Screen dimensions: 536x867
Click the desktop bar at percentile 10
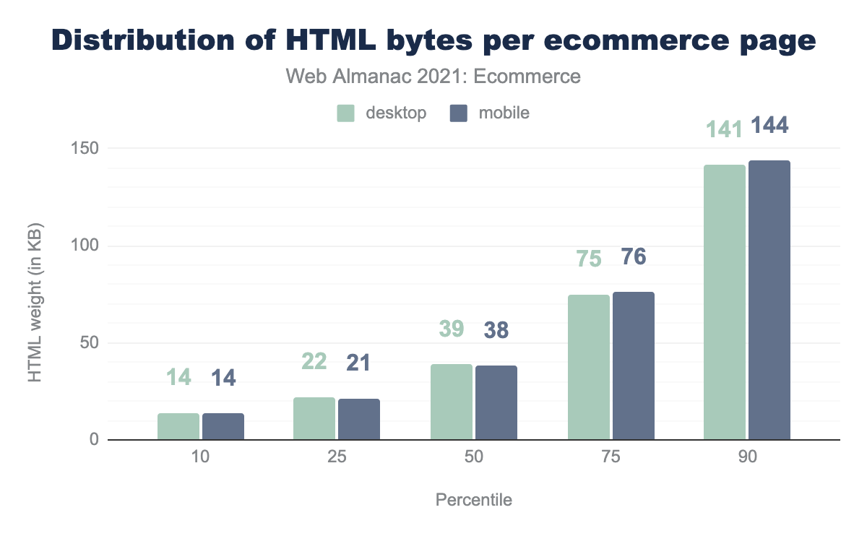pyautogui.click(x=178, y=426)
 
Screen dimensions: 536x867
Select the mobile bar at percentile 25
pyautogui.click(x=359, y=419)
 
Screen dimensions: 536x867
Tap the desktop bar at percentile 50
pyautogui.click(x=452, y=402)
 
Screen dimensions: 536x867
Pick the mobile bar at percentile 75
pyautogui.click(x=634, y=366)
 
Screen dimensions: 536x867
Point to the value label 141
pyautogui.click(x=723, y=130)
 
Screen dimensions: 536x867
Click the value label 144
pyautogui.click(x=769, y=126)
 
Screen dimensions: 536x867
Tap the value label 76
pyautogui.click(x=634, y=256)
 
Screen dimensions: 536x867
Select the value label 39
pyautogui.click(x=451, y=329)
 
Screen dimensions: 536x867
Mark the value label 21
pyautogui.click(x=358, y=363)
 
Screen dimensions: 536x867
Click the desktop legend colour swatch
pyautogui.click(x=345, y=113)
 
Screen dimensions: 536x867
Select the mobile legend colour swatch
pyautogui.click(x=459, y=113)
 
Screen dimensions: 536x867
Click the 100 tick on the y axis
pyautogui.click(x=84, y=246)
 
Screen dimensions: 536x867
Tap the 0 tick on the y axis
pyautogui.click(x=93, y=440)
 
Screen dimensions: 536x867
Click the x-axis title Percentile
pyautogui.click(x=474, y=500)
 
